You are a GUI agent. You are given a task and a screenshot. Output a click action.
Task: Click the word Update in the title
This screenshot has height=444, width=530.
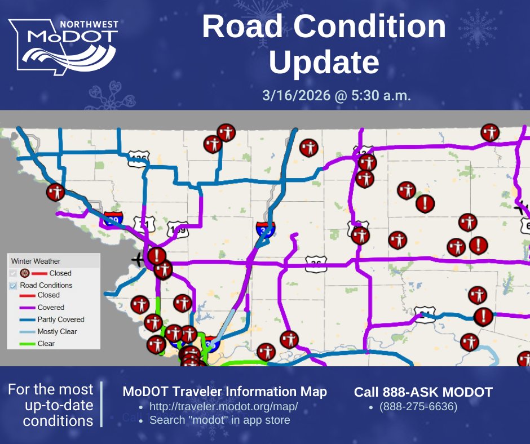click(324, 63)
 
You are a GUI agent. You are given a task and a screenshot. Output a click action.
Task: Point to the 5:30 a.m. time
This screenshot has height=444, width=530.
click(383, 95)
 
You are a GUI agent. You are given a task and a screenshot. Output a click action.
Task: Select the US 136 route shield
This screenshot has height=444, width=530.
click(137, 158)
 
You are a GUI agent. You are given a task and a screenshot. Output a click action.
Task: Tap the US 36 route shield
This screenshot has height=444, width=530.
click(316, 263)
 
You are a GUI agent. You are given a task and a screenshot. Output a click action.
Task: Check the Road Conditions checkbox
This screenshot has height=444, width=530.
click(14, 285)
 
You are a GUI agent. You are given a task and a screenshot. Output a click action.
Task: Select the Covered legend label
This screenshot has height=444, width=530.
click(51, 308)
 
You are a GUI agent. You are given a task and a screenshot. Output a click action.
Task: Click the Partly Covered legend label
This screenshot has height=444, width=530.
click(61, 319)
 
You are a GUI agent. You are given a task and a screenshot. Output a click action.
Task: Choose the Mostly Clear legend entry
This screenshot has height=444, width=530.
click(57, 331)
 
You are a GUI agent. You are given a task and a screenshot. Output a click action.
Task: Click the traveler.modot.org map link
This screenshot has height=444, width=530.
click(223, 407)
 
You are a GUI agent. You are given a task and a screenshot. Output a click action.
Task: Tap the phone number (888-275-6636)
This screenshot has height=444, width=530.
click(418, 406)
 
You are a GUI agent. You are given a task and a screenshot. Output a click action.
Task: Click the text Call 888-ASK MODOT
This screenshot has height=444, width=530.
click(423, 392)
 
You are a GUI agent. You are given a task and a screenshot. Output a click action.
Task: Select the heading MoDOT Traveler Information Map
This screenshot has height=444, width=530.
click(224, 392)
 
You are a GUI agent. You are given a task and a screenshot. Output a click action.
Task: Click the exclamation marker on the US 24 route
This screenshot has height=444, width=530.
click(483, 316)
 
